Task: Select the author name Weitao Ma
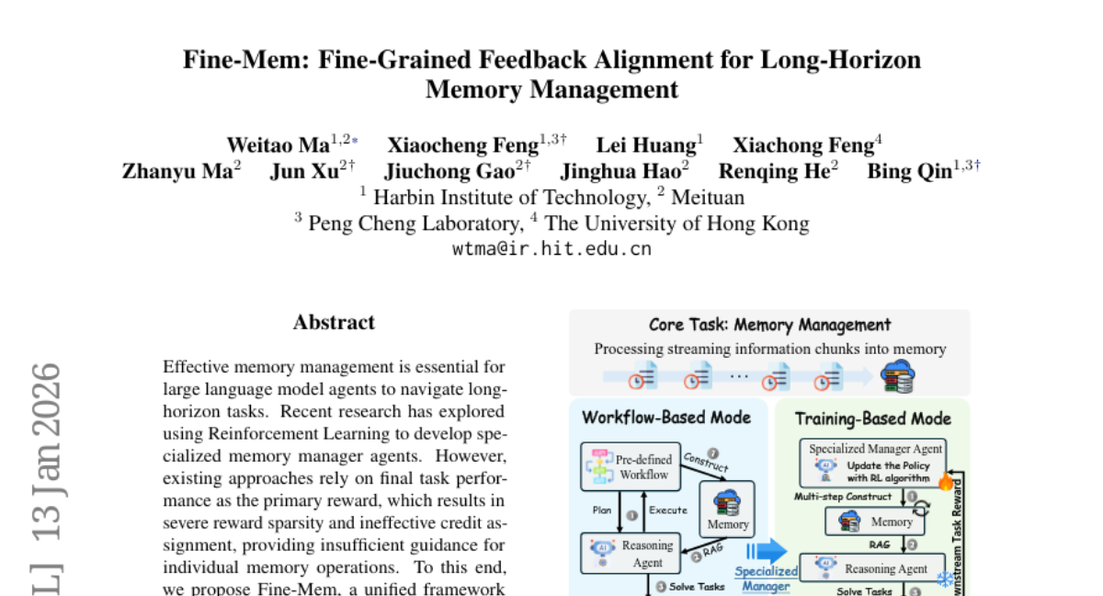tap(279, 145)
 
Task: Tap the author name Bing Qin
tap(910, 172)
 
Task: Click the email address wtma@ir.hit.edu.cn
tap(551, 248)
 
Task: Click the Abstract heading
tap(334, 323)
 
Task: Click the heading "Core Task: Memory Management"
tap(769, 325)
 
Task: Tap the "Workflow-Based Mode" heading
tap(666, 418)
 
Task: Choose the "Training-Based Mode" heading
tap(872, 418)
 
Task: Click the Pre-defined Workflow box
tap(631, 466)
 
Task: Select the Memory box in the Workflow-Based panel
tap(727, 509)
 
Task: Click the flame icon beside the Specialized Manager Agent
tap(944, 478)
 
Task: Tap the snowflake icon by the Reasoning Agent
tap(944, 579)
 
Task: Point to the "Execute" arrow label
tap(668, 509)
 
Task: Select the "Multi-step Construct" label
tap(843, 497)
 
